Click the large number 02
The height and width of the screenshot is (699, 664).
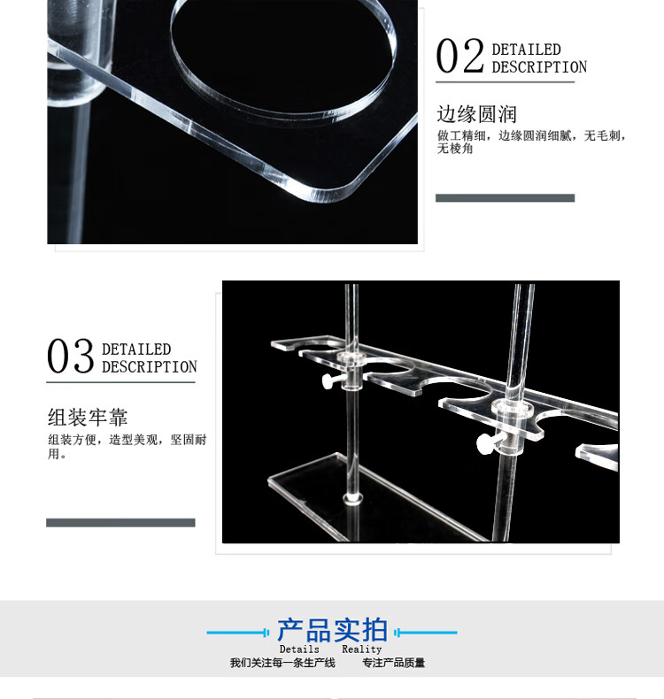(x=459, y=56)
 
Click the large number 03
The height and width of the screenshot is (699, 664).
(x=71, y=356)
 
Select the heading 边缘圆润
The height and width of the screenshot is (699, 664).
(x=476, y=114)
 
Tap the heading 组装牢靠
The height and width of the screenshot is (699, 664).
(x=88, y=418)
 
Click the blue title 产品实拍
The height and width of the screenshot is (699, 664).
(x=332, y=630)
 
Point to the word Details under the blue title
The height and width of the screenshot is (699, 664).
(x=299, y=649)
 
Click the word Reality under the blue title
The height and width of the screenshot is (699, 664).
(x=361, y=649)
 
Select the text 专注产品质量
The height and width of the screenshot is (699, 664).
(x=393, y=663)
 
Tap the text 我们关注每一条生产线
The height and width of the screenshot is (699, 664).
(x=282, y=663)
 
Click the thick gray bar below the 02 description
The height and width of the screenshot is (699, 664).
(x=505, y=198)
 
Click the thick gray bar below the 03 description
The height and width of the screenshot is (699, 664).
(x=120, y=522)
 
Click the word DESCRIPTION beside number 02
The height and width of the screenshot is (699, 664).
(x=539, y=67)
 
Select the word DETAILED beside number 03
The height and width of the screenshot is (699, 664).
(x=136, y=349)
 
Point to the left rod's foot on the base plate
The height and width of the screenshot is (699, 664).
(x=352, y=499)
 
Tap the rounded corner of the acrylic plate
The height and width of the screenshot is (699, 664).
(x=339, y=194)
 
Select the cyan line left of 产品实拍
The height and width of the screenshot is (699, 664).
(x=237, y=632)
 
